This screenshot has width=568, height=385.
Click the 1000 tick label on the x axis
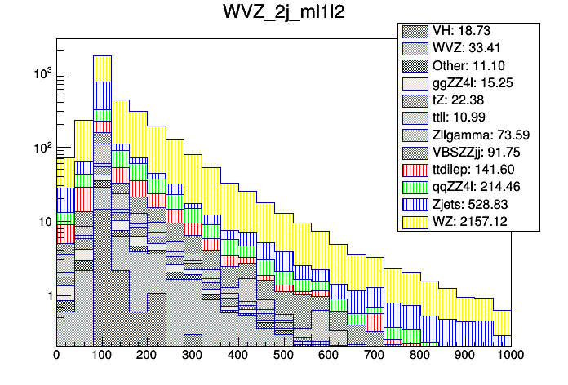510,356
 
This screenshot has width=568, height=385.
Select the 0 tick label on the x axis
56,356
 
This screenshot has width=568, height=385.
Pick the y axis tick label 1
48,295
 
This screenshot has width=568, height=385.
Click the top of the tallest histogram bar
102,56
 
